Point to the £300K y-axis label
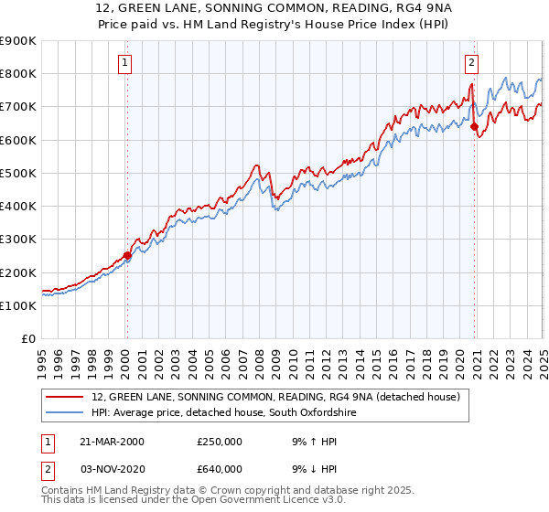[x=18, y=240]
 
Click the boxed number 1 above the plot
[x=124, y=63]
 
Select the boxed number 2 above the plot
[x=471, y=63]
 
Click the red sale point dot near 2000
[x=127, y=256]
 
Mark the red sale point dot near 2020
[x=475, y=127]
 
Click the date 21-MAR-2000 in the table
[x=112, y=442]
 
